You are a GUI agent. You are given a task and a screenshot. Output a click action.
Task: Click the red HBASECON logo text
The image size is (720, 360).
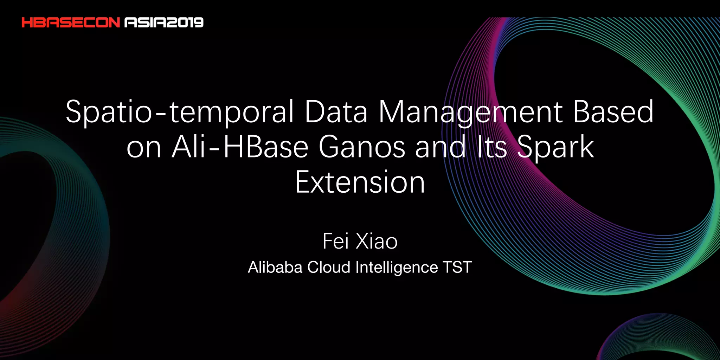point(71,23)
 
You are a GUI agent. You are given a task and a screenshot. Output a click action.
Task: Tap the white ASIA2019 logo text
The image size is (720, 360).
point(164,23)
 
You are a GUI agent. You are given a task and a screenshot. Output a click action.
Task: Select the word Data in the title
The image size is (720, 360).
point(336,112)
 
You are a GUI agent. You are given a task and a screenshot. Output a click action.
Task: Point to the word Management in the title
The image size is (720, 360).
point(471,112)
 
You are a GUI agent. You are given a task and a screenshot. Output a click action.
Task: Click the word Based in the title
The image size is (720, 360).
point(613,112)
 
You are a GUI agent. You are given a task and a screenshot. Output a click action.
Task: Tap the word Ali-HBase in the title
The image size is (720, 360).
point(240,147)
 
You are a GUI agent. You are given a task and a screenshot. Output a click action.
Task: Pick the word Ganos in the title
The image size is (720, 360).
point(362,147)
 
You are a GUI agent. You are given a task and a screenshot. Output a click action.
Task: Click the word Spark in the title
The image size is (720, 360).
point(555,147)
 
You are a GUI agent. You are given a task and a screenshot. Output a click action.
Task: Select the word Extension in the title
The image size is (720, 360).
point(360,182)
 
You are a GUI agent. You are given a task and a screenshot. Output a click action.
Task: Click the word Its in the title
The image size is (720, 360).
point(491,147)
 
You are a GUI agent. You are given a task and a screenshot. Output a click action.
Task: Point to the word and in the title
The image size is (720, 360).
point(441,147)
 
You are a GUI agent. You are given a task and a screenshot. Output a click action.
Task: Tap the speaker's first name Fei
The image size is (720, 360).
point(335,242)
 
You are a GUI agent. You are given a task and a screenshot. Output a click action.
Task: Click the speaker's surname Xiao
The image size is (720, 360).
point(377,242)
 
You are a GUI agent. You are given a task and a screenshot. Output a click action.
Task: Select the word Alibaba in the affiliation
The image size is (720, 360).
point(275,267)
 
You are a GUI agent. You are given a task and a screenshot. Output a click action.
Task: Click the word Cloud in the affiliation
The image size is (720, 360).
point(329,267)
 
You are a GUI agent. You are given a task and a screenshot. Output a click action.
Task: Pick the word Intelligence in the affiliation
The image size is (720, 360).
point(397,267)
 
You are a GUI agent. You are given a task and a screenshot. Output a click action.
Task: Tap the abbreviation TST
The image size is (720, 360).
point(457,267)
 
